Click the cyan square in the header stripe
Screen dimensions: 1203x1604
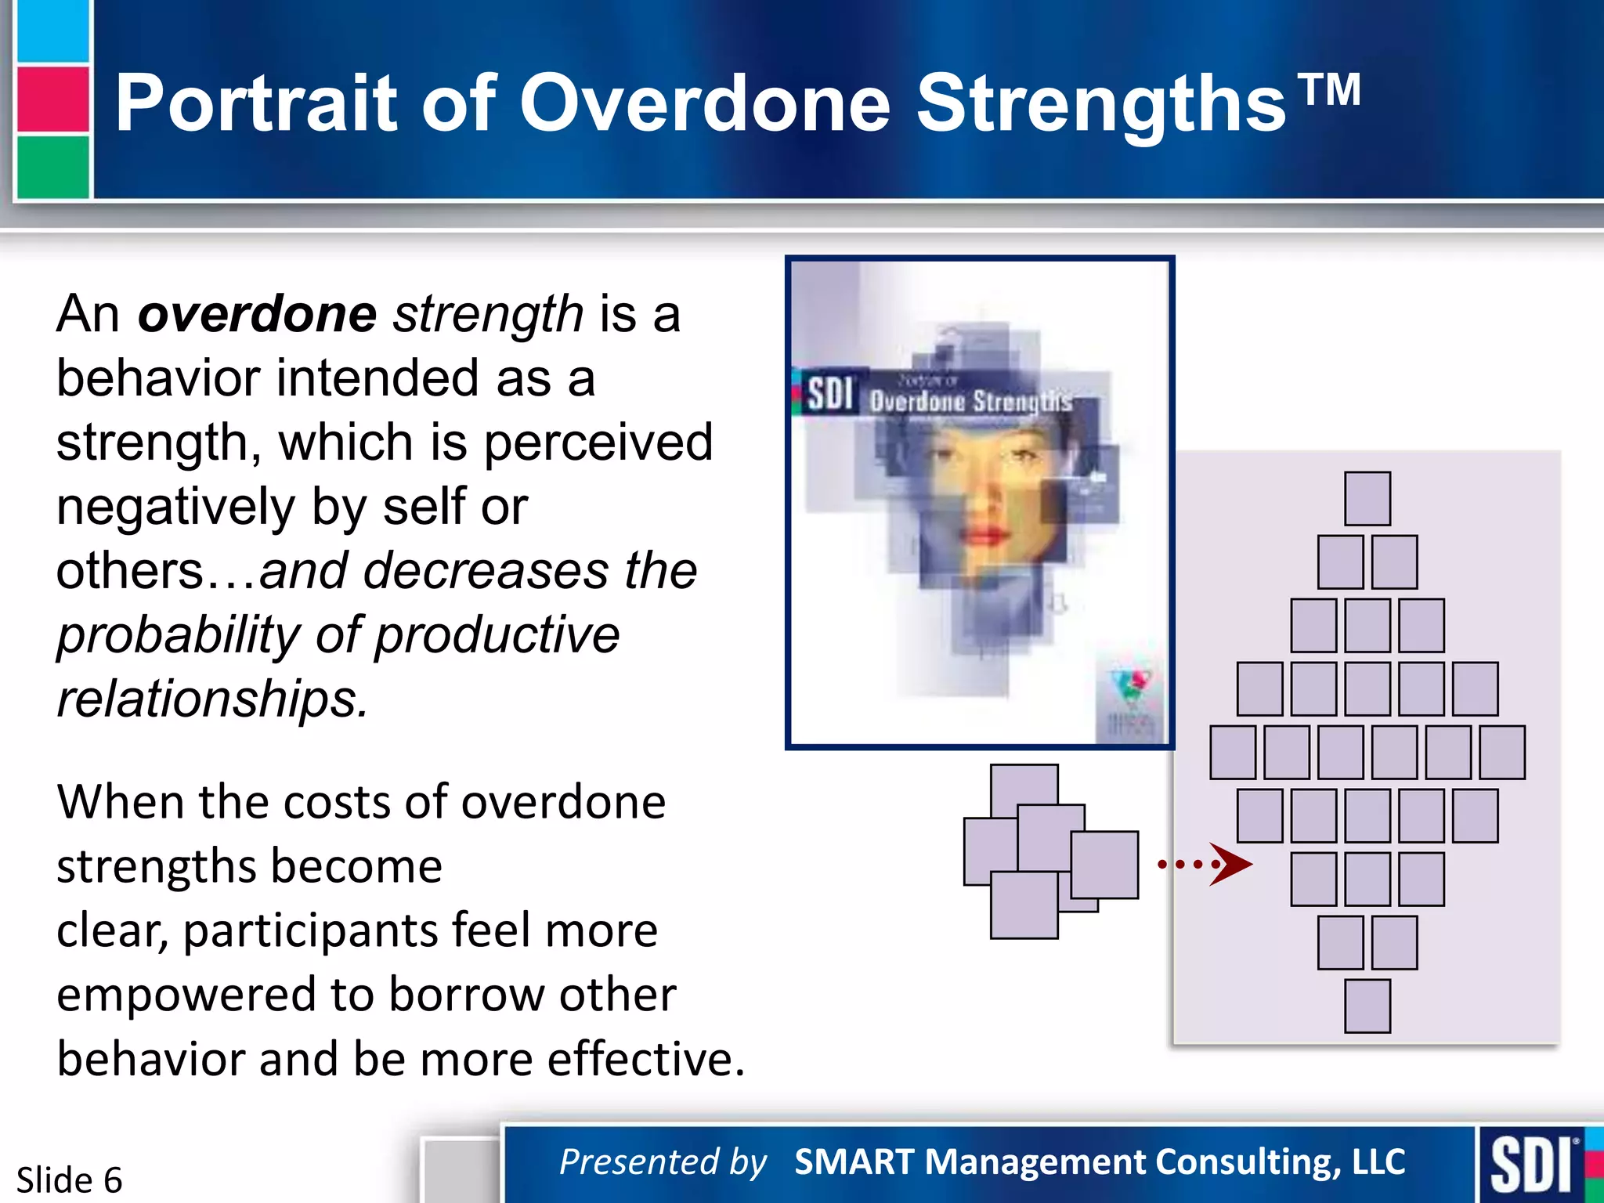(52, 31)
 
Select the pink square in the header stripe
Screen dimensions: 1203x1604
(52, 99)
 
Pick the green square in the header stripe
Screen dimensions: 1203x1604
(52, 166)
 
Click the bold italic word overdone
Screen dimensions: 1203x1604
(257, 314)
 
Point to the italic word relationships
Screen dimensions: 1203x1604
(211, 699)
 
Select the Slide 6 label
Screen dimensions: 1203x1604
(69, 1180)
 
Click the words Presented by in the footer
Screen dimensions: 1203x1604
(663, 1161)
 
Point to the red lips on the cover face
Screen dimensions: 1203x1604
(984, 536)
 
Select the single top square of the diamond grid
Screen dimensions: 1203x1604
(1367, 498)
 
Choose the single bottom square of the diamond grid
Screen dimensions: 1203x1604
(1367, 1006)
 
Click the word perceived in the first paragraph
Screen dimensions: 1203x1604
(598, 443)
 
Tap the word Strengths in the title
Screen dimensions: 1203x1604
(1100, 103)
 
